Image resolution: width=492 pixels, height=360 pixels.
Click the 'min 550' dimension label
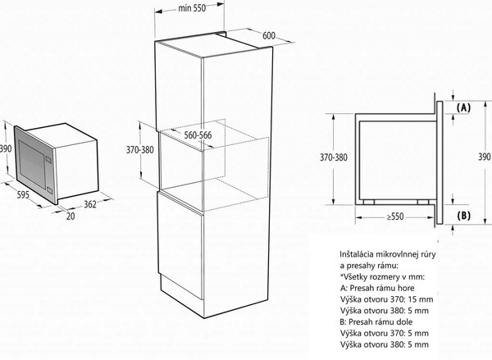192,8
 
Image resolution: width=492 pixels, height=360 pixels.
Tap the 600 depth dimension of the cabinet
269,36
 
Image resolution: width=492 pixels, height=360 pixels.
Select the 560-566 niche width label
198,135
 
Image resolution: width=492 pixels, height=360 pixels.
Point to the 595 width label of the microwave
23,195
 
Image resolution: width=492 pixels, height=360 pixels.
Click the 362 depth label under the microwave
90,204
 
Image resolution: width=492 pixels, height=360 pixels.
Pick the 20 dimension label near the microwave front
71,216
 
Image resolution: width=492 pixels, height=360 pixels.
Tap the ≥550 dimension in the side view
395,216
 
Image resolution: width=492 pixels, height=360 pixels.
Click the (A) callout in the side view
463,108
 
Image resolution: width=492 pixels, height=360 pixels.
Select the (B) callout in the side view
463,216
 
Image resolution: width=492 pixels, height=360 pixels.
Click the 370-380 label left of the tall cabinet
140,150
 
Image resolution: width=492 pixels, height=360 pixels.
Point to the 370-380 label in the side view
334,157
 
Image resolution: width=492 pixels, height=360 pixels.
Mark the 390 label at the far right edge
485,157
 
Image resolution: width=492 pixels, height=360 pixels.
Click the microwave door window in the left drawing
32,164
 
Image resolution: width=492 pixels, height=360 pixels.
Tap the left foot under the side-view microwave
369,202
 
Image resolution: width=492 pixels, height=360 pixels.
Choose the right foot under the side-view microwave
423,202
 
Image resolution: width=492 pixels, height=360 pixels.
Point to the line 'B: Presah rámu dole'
376,322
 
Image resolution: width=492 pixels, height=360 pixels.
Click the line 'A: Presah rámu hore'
377,288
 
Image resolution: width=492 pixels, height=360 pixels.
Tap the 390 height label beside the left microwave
6,148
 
